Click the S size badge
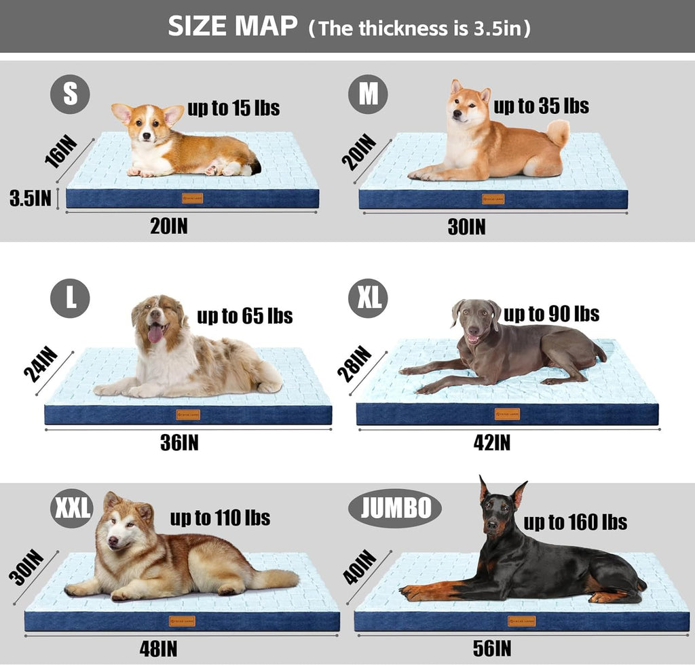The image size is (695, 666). click(70, 94)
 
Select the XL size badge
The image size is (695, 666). click(368, 298)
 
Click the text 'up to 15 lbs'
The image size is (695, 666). click(233, 108)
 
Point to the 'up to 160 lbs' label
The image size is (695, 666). click(575, 522)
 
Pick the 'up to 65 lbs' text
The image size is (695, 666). click(244, 315)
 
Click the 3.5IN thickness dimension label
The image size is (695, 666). click(31, 198)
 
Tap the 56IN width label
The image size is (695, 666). click(492, 648)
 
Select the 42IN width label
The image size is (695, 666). click(491, 443)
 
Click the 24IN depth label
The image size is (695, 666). click(41, 366)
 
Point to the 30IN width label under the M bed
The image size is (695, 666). click(466, 227)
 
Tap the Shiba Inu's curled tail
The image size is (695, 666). click(558, 132)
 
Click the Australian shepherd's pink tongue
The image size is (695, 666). click(155, 334)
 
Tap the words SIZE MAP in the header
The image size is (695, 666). click(233, 27)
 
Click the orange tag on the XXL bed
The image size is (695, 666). click(182, 621)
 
